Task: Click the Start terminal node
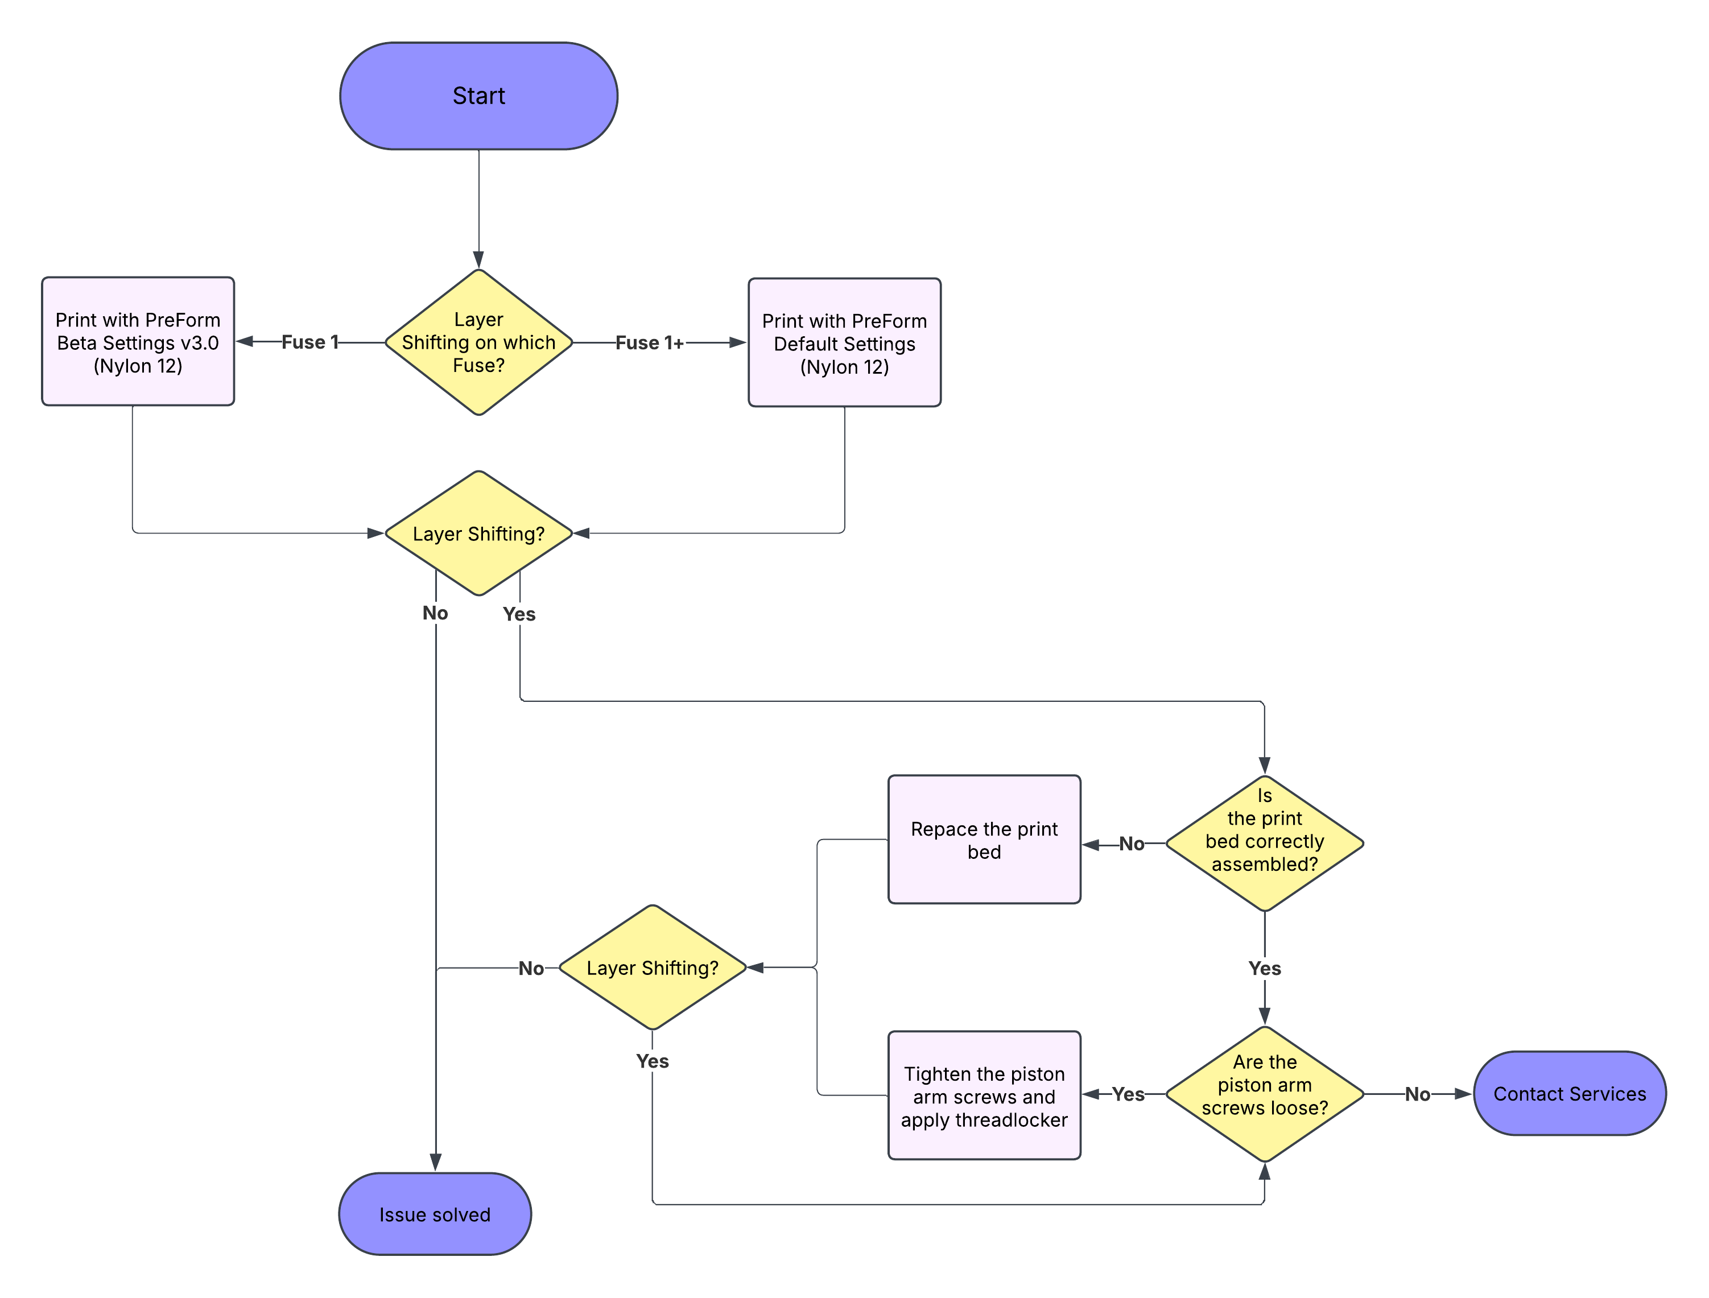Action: pyautogui.click(x=478, y=96)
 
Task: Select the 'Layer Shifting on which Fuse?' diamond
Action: pyautogui.click(x=478, y=342)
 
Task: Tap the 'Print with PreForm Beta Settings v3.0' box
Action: pyautogui.click(x=138, y=341)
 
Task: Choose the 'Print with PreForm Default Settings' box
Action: pyautogui.click(x=844, y=342)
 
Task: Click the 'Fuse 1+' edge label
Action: pyautogui.click(x=649, y=343)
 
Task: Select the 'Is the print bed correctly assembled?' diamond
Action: pyautogui.click(x=1264, y=843)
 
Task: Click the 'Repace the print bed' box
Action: pyautogui.click(x=984, y=840)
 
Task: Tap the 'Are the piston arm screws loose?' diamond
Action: pyautogui.click(x=1264, y=1093)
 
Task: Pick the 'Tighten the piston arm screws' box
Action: pyautogui.click(x=984, y=1095)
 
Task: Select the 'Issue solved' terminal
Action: pyautogui.click(x=435, y=1214)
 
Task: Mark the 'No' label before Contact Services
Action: pyautogui.click(x=1417, y=1094)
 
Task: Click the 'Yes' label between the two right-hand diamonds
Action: pyautogui.click(x=1265, y=968)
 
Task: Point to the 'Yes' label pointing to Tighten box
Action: pyautogui.click(x=1128, y=1094)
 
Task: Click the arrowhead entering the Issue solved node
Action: pyautogui.click(x=436, y=1163)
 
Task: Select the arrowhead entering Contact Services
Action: pyautogui.click(x=1463, y=1094)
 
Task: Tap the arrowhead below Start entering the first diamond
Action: pyautogui.click(x=479, y=259)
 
